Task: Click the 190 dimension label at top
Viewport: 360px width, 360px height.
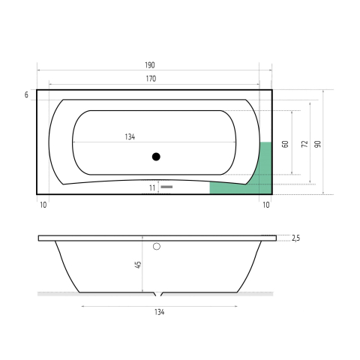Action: click(x=150, y=65)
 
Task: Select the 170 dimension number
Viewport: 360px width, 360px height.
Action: click(x=151, y=79)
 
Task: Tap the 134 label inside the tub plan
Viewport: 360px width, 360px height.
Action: click(x=130, y=136)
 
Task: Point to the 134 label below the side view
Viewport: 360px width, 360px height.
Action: click(x=159, y=312)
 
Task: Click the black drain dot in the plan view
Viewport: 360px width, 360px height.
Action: click(x=156, y=157)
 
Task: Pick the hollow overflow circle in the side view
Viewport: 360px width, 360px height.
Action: click(x=157, y=247)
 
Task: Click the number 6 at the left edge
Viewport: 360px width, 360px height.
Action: click(x=26, y=95)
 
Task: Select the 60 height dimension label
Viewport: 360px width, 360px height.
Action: click(x=285, y=144)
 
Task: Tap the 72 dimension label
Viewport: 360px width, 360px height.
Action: click(x=304, y=144)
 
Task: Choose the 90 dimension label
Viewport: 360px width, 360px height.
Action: click(x=317, y=144)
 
